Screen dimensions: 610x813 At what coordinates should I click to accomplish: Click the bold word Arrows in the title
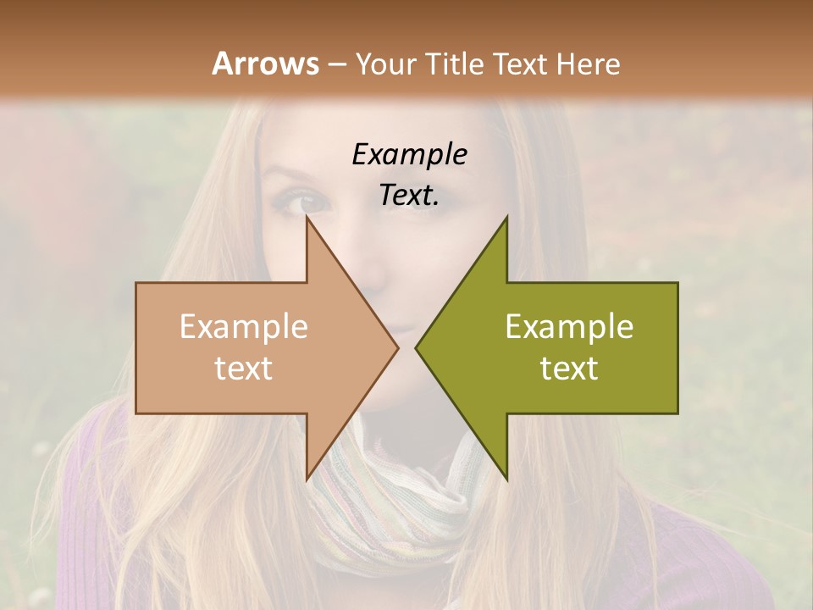[265, 64]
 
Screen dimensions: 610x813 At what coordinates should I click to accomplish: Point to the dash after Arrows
[336, 64]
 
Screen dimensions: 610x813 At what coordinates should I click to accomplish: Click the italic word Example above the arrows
[409, 154]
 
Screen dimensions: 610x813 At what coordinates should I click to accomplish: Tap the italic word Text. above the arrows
[409, 195]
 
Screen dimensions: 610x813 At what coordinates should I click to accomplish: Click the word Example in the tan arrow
[244, 327]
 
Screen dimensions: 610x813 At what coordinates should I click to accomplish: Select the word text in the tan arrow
[244, 368]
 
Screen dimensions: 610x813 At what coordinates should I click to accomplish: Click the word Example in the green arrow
[569, 327]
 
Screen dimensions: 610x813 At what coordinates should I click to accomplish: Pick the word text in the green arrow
[569, 368]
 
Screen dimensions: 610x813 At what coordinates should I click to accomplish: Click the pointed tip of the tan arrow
[398, 347]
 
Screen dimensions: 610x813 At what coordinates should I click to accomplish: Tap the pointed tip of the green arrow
[416, 347]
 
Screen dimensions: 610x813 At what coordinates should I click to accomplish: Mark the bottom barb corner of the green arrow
[506, 478]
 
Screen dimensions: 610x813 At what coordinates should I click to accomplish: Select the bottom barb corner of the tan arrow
[307, 478]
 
